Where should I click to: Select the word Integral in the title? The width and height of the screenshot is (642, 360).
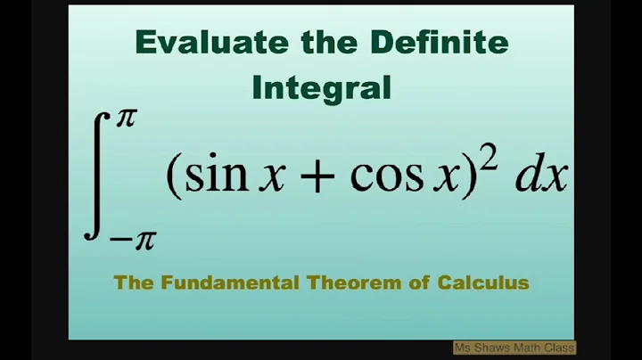(x=321, y=87)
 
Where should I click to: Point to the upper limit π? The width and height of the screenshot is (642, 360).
(x=124, y=119)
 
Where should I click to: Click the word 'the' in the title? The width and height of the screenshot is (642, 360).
(x=314, y=43)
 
